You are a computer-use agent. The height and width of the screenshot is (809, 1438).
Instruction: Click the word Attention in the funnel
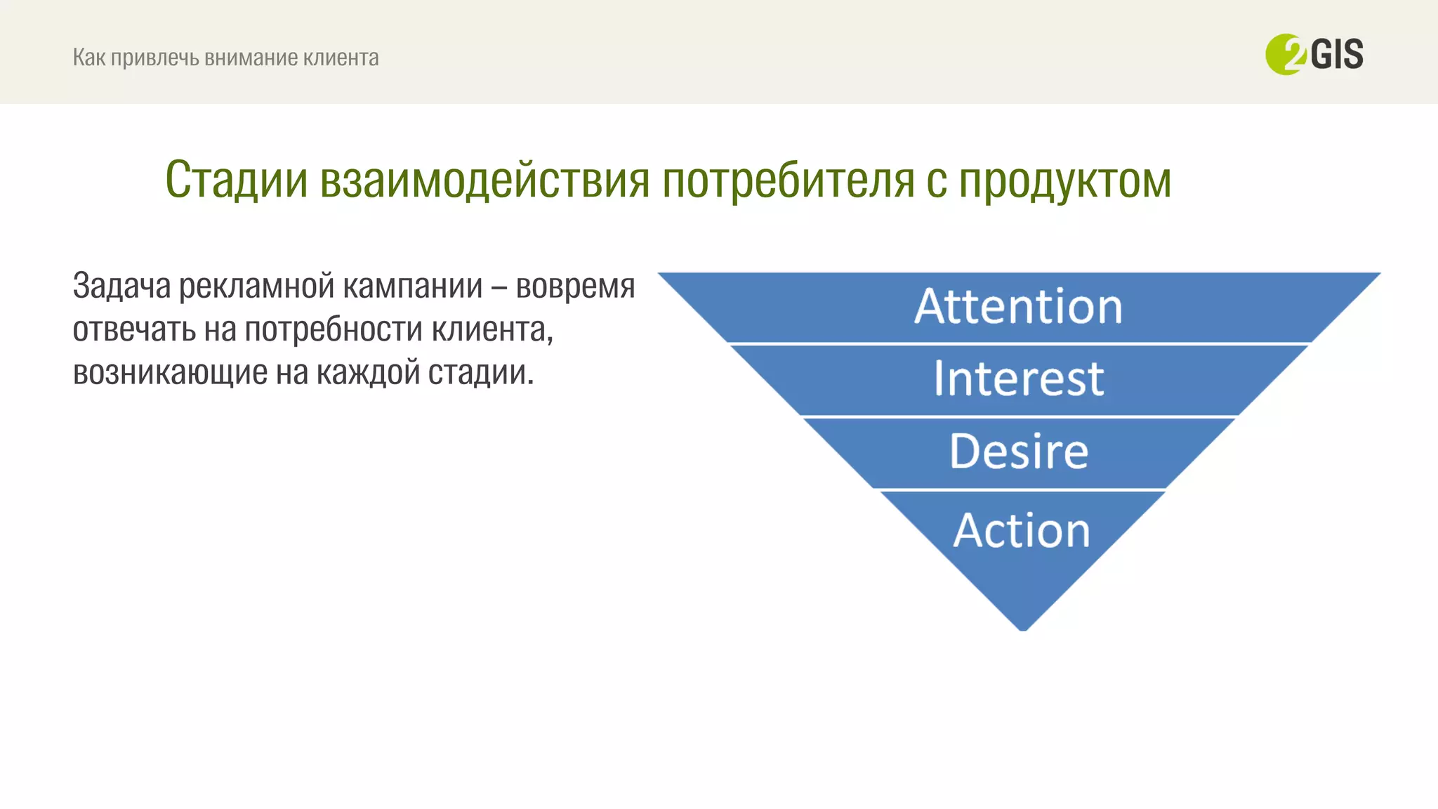pos(1018,307)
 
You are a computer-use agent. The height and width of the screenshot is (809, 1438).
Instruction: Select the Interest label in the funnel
pos(1018,379)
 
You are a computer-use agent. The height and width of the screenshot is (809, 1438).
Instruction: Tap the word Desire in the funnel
pos(1019,452)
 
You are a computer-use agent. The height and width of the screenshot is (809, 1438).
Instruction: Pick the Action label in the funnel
pos(1022,530)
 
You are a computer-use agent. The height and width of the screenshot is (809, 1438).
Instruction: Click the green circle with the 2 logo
pos(1284,55)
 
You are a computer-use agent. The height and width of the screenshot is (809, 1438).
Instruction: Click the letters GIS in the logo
pos(1337,55)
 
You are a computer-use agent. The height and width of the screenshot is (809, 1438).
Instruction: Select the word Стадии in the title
pos(237,180)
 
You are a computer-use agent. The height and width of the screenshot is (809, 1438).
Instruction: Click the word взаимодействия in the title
pos(484,180)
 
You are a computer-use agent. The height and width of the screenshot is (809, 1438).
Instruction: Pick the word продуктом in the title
pos(1065,180)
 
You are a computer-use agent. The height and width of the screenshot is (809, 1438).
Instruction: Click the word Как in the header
pos(89,58)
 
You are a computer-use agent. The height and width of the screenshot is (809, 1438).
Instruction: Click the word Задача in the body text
pos(121,287)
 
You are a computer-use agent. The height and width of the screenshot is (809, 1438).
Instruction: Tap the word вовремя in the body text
pos(575,287)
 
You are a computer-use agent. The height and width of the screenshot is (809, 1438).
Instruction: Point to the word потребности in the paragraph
pos(334,329)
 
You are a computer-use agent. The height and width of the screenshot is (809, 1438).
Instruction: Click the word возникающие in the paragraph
pos(170,372)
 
